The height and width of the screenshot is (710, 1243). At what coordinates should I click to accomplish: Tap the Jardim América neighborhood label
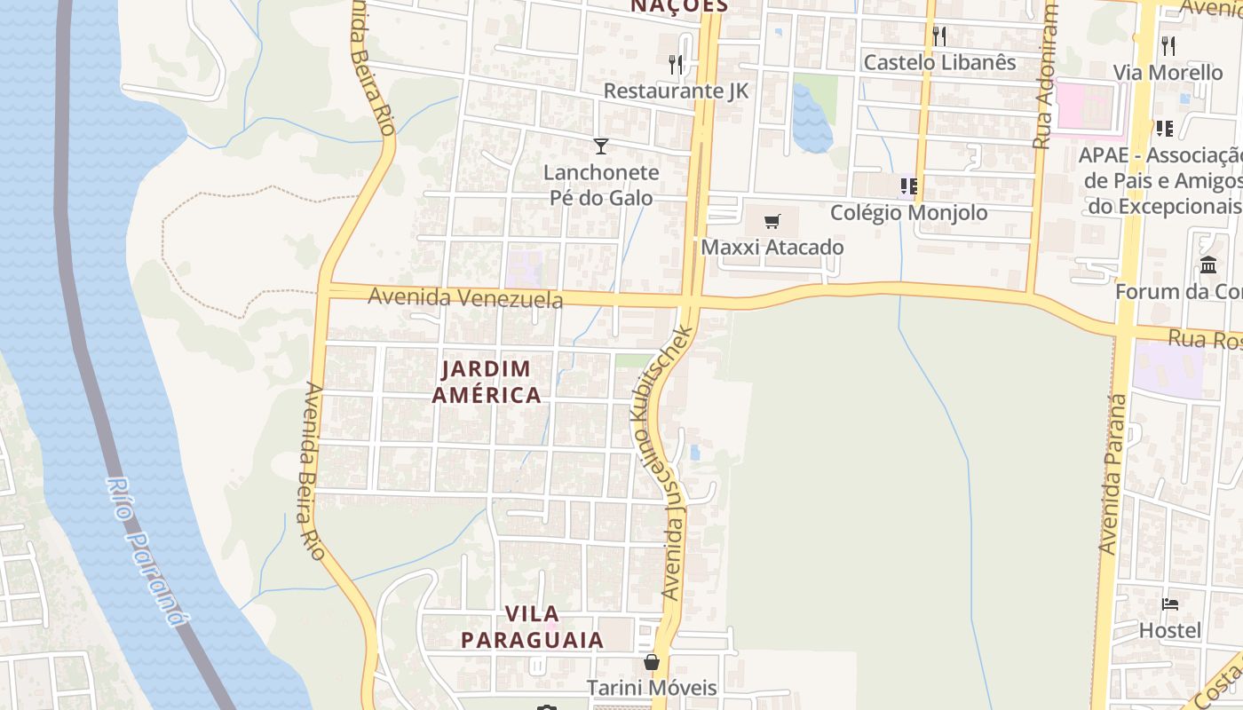coord(487,382)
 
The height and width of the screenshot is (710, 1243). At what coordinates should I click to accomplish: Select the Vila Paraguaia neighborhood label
coord(532,627)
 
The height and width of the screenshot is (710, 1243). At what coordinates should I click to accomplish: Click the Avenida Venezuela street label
coord(465,297)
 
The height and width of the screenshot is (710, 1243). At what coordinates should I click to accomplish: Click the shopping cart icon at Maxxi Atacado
coord(772,221)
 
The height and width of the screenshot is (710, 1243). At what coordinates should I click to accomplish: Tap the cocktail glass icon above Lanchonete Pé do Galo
coord(601,146)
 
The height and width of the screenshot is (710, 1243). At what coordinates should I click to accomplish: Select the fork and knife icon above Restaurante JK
coord(676,64)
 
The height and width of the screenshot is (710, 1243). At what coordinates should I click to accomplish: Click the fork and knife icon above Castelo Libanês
coord(939,36)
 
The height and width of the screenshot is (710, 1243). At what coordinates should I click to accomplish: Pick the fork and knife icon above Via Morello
coord(1168,45)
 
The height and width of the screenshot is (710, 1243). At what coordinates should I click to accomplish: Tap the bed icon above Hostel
coord(1170,604)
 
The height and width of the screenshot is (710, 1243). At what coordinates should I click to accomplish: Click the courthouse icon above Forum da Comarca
coord(1208,264)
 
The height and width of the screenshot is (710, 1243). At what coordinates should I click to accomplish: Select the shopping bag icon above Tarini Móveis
coord(652,662)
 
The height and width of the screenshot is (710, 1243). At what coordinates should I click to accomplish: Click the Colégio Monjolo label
coord(908,213)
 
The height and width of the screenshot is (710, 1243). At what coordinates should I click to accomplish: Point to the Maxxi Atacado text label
coord(772,247)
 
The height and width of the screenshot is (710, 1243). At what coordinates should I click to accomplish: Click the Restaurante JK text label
coord(676,91)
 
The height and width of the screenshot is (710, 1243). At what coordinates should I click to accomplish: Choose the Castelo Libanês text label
coord(939,62)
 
